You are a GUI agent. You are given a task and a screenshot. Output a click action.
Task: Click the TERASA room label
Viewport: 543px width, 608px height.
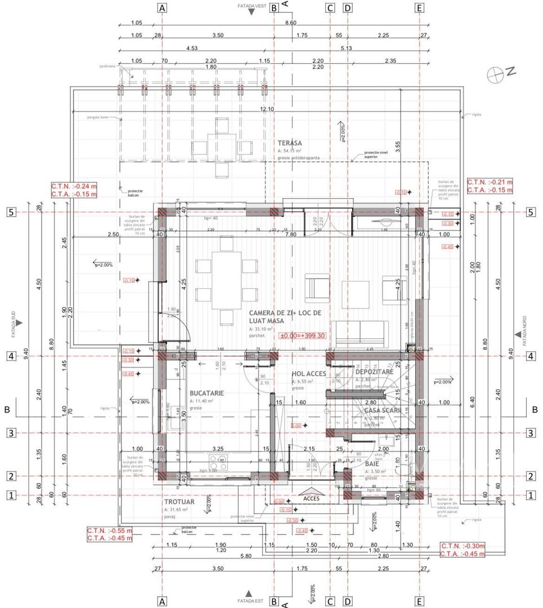point(290,144)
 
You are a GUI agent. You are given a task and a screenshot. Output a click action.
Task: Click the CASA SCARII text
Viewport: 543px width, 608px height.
point(382,410)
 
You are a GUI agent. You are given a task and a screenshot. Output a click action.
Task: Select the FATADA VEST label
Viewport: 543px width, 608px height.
point(253,5)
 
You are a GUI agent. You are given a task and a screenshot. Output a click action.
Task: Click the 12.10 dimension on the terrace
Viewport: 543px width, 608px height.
point(267,109)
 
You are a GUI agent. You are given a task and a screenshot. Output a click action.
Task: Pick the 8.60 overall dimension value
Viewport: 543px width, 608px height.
point(290,23)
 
